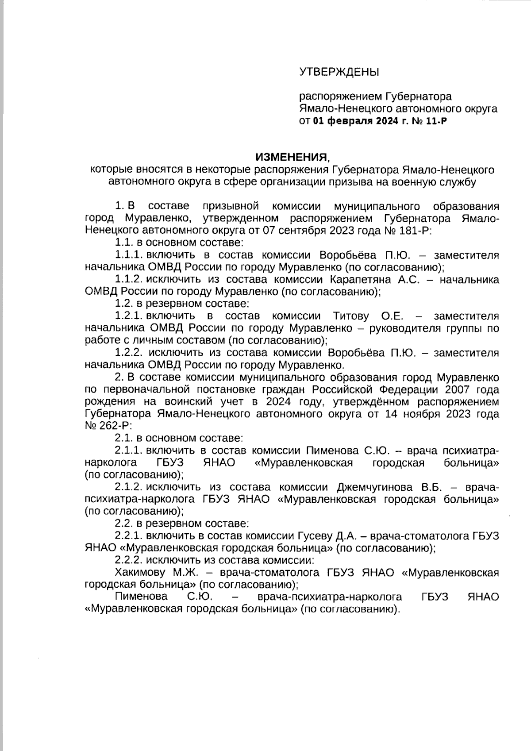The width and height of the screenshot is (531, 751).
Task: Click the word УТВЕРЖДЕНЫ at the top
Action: (x=339, y=72)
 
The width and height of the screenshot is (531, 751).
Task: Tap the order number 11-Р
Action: (x=436, y=121)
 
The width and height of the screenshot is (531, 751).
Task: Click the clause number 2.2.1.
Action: (x=128, y=536)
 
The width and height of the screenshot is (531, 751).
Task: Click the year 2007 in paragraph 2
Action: (x=458, y=390)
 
